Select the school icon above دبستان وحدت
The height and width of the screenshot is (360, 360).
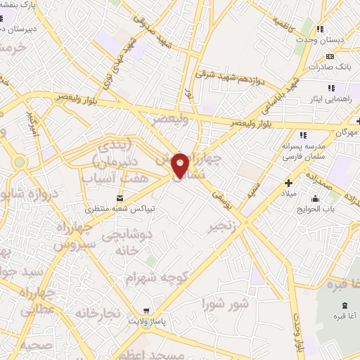(x=321, y=30)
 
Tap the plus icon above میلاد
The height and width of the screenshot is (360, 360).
(x=288, y=181)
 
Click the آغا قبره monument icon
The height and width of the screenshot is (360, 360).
(x=344, y=304)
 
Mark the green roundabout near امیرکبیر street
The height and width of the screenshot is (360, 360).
(x=19, y=162)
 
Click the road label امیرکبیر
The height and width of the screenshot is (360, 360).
(x=30, y=121)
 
